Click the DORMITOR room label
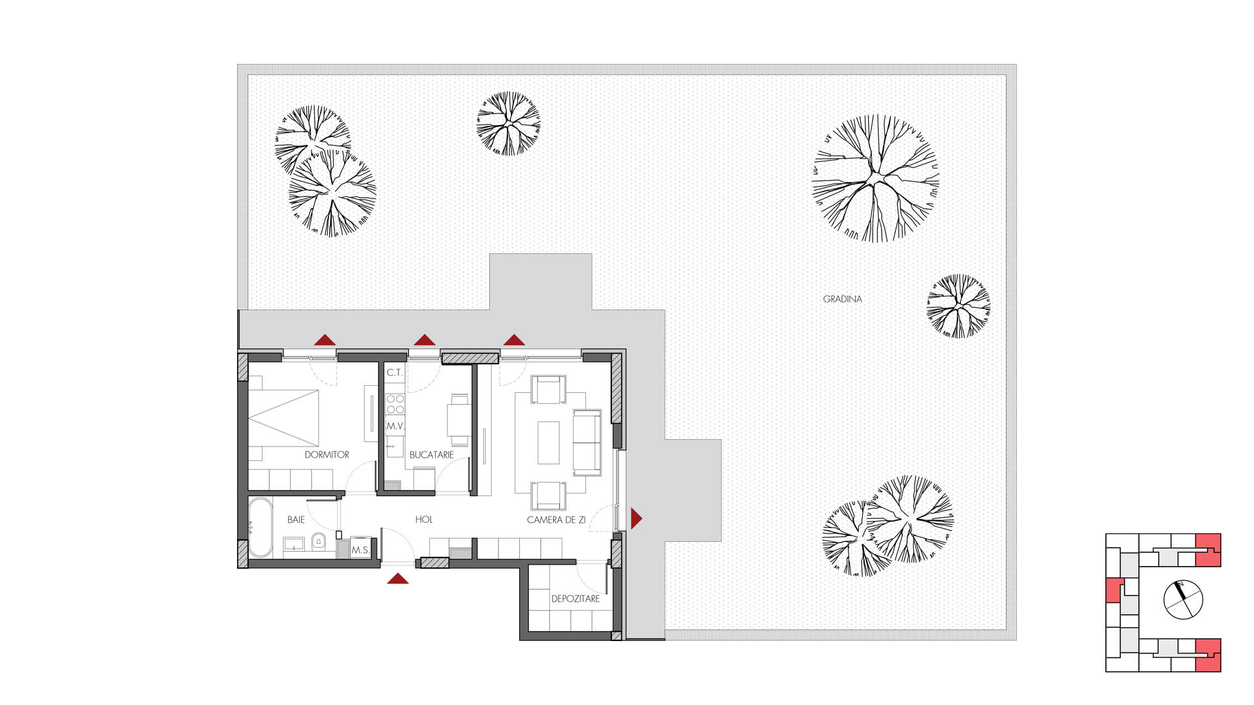click(x=327, y=454)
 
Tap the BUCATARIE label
click(x=431, y=454)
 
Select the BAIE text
click(x=296, y=520)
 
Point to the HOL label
click(x=424, y=520)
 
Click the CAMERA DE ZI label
click(x=556, y=520)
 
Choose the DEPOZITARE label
click(x=575, y=599)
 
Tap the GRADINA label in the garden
click(x=842, y=299)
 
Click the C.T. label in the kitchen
click(x=394, y=373)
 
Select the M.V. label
click(x=395, y=426)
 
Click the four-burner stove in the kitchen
click(x=395, y=404)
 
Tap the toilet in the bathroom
click(x=318, y=542)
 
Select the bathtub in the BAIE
click(x=260, y=527)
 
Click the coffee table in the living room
click(x=549, y=443)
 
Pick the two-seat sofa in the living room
click(x=587, y=443)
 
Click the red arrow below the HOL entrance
click(x=398, y=578)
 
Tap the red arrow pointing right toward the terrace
click(x=636, y=518)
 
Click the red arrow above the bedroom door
click(x=325, y=339)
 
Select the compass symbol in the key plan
click(x=1183, y=599)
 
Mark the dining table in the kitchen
click(x=459, y=420)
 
